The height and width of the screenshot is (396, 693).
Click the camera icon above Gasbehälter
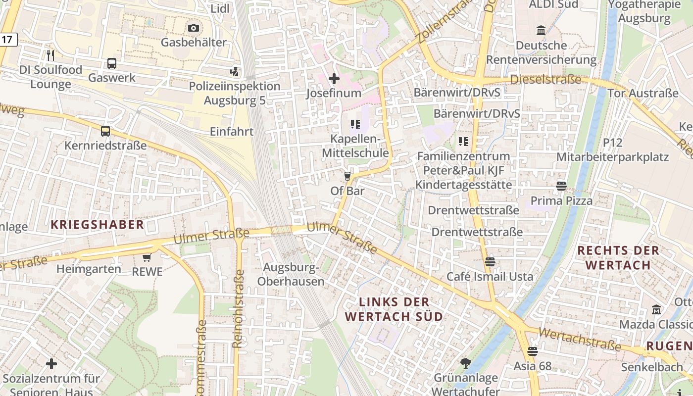point(194,28)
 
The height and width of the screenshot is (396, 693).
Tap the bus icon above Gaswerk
point(112,63)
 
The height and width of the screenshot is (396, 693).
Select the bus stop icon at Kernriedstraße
point(105,131)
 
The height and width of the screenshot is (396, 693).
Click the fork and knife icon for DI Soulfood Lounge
point(50,55)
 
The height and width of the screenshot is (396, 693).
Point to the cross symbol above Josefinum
point(334,78)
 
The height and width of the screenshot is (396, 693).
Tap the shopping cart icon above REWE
point(147,257)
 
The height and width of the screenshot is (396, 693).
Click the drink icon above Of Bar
point(347,176)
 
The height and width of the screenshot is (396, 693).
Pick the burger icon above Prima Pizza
point(561,186)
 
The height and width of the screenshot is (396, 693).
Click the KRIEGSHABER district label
point(97,224)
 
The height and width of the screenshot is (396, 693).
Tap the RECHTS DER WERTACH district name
point(618,257)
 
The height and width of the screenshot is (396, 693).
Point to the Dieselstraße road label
point(545,79)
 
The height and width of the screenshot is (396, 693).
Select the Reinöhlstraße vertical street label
point(238,308)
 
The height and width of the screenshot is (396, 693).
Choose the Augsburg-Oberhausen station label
point(291,275)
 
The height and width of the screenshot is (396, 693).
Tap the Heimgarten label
point(89,269)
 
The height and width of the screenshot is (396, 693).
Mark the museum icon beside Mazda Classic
point(656,310)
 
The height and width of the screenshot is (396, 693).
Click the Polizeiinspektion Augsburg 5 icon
point(234,72)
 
